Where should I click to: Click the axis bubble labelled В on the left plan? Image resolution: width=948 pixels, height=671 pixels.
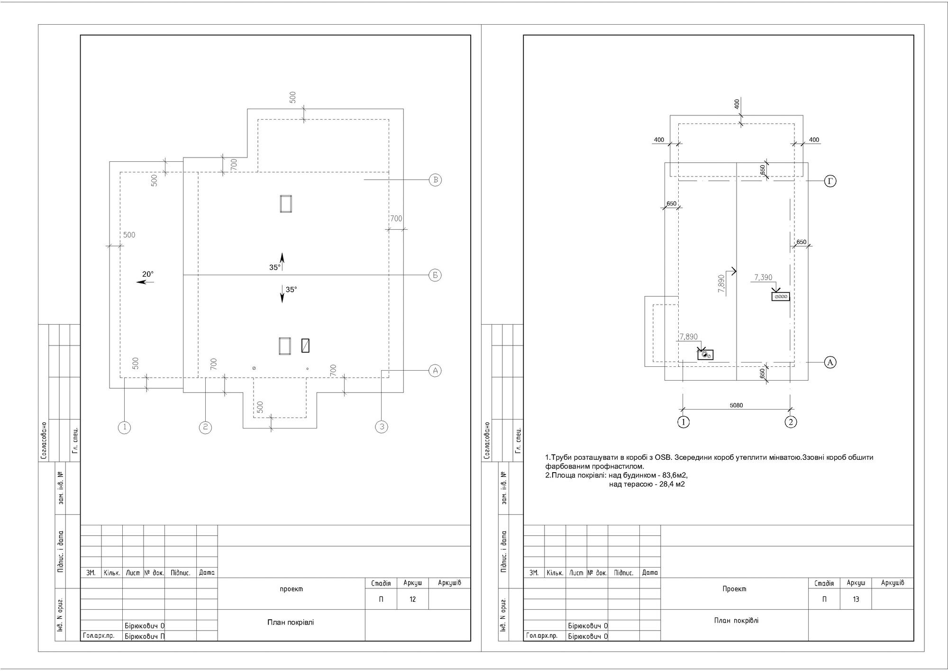click(435, 180)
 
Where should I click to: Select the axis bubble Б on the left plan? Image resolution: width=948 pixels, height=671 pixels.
click(435, 275)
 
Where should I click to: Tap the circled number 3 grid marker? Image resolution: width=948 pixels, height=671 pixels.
click(382, 427)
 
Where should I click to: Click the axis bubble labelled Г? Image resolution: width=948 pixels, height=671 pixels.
click(830, 181)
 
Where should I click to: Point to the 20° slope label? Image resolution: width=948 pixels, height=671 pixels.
click(148, 274)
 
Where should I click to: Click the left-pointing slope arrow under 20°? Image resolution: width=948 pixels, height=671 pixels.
click(145, 282)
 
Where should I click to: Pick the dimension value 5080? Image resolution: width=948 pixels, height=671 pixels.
click(736, 405)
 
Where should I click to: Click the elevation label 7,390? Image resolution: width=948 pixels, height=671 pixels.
click(763, 278)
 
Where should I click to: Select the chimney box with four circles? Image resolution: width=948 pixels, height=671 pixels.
click(781, 297)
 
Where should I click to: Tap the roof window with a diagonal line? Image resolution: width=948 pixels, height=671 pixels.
click(306, 345)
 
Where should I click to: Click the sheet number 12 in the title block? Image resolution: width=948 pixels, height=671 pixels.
click(413, 599)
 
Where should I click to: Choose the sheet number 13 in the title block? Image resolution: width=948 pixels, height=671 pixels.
click(856, 599)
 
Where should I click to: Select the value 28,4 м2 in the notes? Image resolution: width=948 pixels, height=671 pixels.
click(672, 485)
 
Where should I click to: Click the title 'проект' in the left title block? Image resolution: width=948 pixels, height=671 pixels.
click(292, 589)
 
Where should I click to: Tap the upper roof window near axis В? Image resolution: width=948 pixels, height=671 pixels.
click(286, 204)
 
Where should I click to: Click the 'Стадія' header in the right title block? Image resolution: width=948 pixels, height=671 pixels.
click(824, 583)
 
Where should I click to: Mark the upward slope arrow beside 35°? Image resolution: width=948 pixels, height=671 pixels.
click(282, 262)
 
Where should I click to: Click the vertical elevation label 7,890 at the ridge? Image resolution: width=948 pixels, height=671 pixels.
click(721, 283)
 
